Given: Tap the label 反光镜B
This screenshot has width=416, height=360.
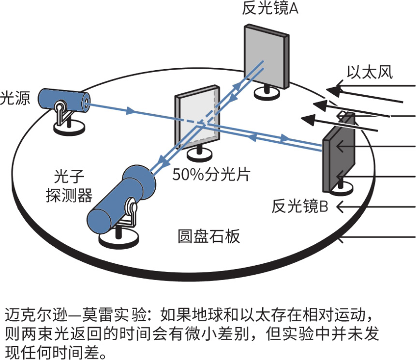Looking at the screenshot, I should click(300, 207).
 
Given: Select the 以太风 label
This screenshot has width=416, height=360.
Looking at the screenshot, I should click(370, 72).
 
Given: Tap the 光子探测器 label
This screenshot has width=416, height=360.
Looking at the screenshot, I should click(68, 187).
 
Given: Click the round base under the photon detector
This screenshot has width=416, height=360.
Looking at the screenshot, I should click(118, 239).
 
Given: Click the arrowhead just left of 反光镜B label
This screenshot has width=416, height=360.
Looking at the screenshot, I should click(340, 207).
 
